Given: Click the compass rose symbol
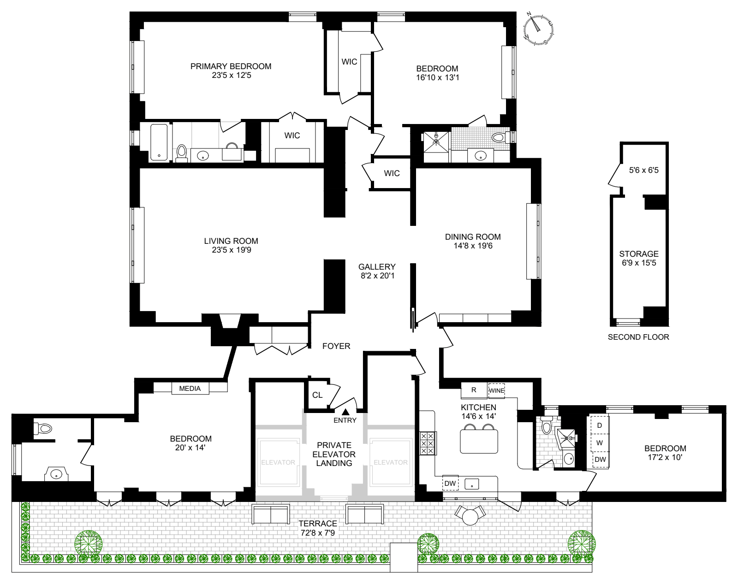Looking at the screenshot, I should click(538, 29).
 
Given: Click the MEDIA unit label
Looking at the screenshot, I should click(190, 389).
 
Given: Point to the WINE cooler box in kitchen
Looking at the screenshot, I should click(497, 390).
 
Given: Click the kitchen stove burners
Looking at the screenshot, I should click(428, 443).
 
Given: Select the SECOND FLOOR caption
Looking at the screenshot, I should click(638, 337).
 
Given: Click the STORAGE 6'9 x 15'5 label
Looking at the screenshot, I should click(639, 258).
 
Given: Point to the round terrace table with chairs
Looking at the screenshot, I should click(470, 516).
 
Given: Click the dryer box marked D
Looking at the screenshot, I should click(600, 425).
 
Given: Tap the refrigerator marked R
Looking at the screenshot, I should click(474, 390).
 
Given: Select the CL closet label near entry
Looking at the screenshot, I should click(317, 395).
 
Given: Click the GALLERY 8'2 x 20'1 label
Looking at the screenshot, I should click(377, 271).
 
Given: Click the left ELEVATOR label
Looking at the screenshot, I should click(278, 462).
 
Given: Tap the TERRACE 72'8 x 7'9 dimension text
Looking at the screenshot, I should click(318, 528).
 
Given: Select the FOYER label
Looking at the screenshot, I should click(336, 346).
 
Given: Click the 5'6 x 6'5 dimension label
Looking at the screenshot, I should click(644, 170).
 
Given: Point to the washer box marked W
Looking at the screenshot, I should click(600, 442).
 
